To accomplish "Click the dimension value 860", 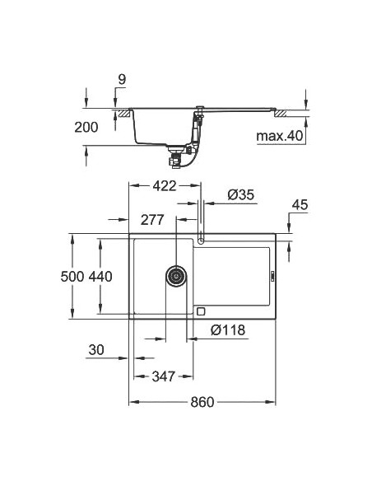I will pyautogui.click(x=202, y=402).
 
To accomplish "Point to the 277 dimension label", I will pyautogui.click(x=152, y=220).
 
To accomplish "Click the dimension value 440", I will pyautogui.click(x=100, y=277).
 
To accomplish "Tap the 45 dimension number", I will pyautogui.click(x=300, y=205).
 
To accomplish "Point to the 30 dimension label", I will pyautogui.click(x=96, y=351).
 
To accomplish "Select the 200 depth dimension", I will pyautogui.click(x=85, y=127).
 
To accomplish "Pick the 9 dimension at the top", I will pyautogui.click(x=121, y=80).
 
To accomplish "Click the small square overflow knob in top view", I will pyautogui.click(x=200, y=312).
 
